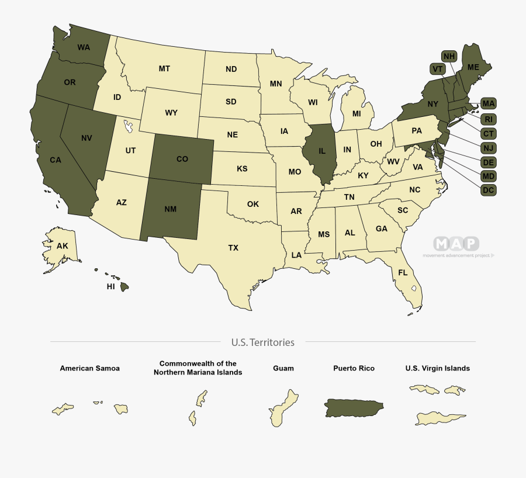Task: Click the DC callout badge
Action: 489,190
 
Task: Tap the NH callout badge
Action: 449,56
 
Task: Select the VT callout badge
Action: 437,69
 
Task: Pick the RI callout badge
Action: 489,119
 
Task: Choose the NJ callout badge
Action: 489,148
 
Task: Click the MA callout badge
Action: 489,104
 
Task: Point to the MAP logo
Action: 456,244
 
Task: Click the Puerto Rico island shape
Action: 354,407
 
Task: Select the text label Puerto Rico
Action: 354,368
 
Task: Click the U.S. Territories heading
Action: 262,342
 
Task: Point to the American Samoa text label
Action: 89,368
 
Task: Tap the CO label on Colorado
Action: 182,158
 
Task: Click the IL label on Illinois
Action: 321,151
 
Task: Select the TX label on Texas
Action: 233,248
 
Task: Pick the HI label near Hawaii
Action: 110,287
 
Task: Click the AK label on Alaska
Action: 63,246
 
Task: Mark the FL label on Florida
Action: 403,272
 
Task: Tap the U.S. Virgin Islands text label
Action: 437,368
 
